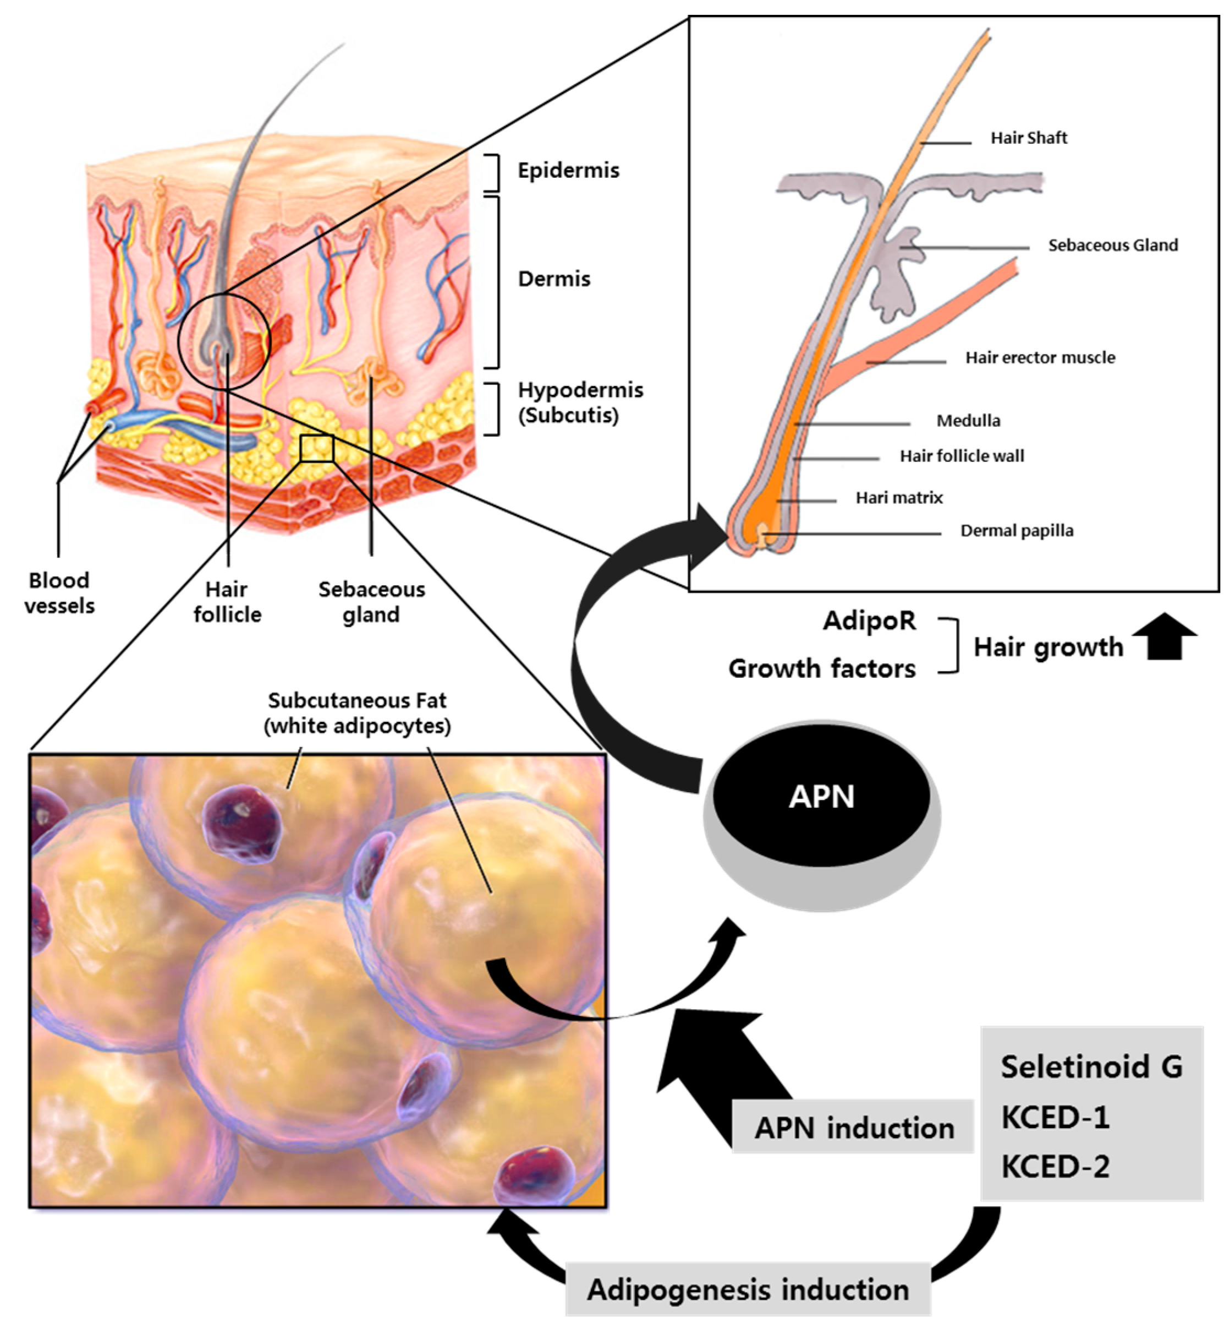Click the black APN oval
coord(821,796)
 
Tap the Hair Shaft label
coord(1028,138)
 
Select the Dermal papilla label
coord(1017,531)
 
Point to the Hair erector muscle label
coord(1040,358)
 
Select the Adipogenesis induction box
coord(748,1289)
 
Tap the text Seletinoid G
coord(1091,1066)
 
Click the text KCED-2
coord(1056,1167)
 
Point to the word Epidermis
coord(568,171)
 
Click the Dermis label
coord(554,279)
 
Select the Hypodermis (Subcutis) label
coord(580,402)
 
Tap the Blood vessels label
coord(59,593)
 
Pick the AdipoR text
coord(869,620)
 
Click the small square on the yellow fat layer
coord(316,448)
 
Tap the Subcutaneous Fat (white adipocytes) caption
coord(358,712)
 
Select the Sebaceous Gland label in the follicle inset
coord(1112,245)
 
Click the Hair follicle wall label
coord(961,456)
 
